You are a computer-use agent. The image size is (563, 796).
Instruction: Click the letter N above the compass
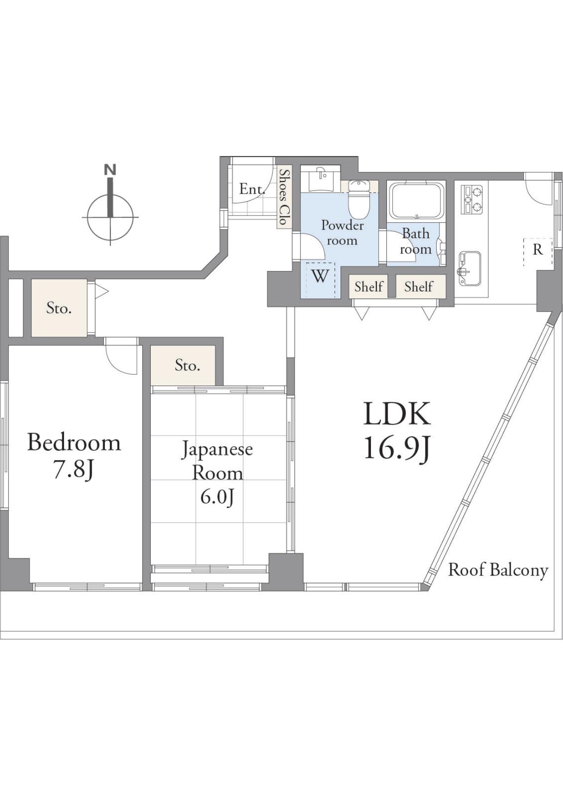coord(110,170)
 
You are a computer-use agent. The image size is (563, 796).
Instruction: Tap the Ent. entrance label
coord(252,189)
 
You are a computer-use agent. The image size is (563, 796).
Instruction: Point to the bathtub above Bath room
coord(416,200)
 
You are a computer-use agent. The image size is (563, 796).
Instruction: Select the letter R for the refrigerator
coord(538,249)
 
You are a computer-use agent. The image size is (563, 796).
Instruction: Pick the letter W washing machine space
coord(320,276)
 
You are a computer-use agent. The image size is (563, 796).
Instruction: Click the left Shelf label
coord(369,287)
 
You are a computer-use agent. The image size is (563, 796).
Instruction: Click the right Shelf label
coord(419,287)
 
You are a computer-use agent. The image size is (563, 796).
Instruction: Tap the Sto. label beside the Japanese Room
coord(188,365)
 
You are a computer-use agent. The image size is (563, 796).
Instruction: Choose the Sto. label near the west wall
coord(59,308)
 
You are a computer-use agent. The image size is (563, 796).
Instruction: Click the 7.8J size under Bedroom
coord(74,470)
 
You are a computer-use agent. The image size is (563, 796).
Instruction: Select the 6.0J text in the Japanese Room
coord(217,497)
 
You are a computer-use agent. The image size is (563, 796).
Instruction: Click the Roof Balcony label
coord(499,570)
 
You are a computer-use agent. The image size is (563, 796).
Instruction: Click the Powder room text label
coord(342,233)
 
